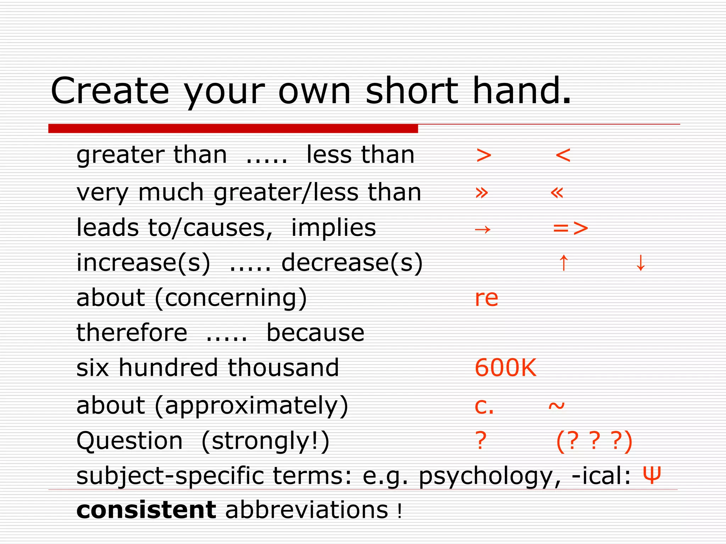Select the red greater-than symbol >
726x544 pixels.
pyautogui.click(x=484, y=155)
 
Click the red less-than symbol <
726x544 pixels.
pyautogui.click(x=563, y=155)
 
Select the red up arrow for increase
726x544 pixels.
pyautogui.click(x=563, y=263)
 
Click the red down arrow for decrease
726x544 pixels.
pyautogui.click(x=640, y=263)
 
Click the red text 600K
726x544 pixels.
pyautogui.click(x=506, y=368)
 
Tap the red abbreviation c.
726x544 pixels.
pyautogui.click(x=484, y=406)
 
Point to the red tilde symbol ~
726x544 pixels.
pyautogui.click(x=556, y=406)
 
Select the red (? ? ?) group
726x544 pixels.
pyautogui.click(x=594, y=441)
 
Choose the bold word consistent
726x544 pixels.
pyautogui.click(x=146, y=510)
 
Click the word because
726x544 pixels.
pyautogui.click(x=315, y=333)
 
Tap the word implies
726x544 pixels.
pyautogui.click(x=333, y=228)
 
